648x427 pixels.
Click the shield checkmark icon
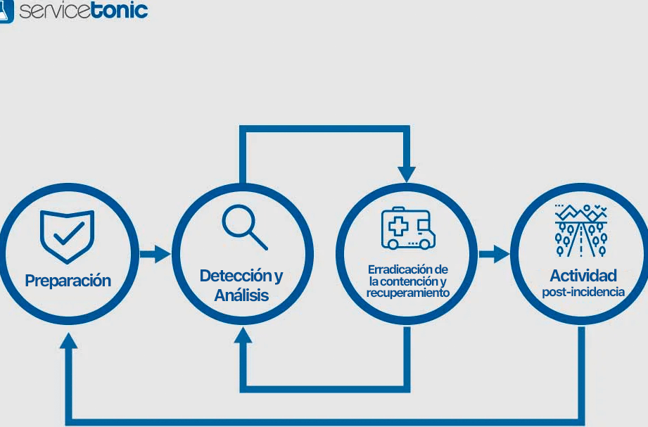tap(68, 233)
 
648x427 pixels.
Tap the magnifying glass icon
tap(243, 227)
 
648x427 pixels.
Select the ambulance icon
tap(408, 228)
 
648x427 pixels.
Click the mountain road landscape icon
tap(581, 231)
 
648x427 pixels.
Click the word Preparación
tap(68, 281)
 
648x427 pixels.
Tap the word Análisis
tap(241, 295)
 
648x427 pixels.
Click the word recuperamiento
tap(408, 293)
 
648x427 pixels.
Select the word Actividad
tap(583, 275)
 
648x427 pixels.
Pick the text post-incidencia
tap(583, 292)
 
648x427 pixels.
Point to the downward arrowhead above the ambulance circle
tap(407, 174)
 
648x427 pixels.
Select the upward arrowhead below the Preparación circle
tap(68, 340)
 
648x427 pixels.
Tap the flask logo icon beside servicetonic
tap(6, 11)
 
